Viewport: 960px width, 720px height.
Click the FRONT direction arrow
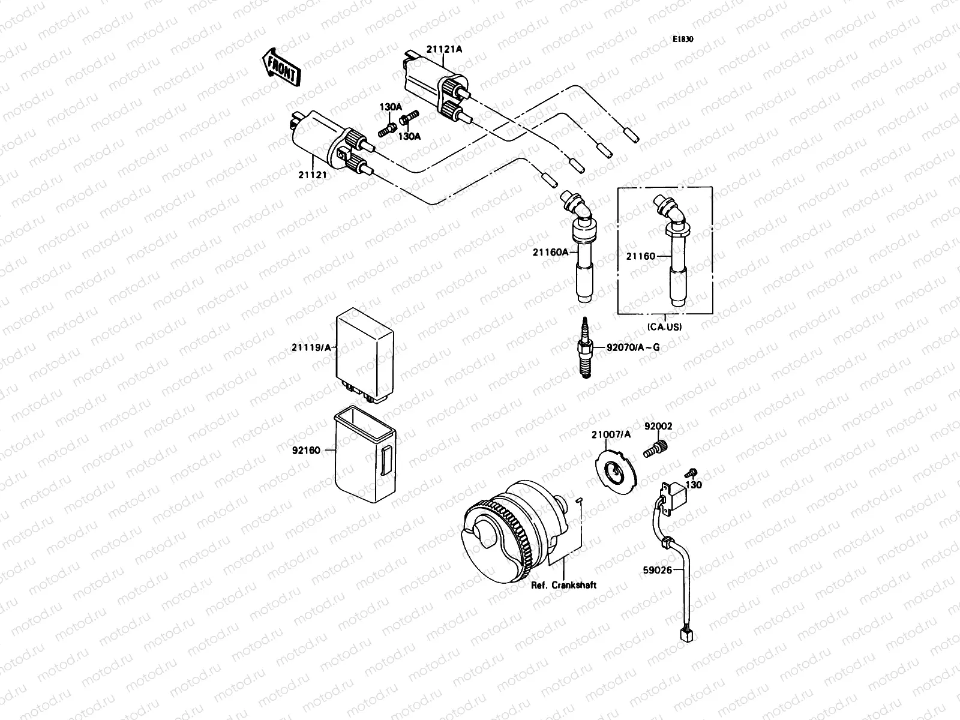pyautogui.click(x=280, y=66)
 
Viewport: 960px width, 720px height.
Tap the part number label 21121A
pyautogui.click(x=445, y=50)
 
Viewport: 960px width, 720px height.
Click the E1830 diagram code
pyautogui.click(x=682, y=40)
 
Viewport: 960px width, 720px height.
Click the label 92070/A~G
pyautogui.click(x=633, y=347)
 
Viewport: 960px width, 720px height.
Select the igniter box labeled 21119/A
pyautogui.click(x=365, y=354)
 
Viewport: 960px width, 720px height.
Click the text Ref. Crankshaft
pyautogui.click(x=564, y=585)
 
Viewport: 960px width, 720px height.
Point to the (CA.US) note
pyautogui.click(x=665, y=327)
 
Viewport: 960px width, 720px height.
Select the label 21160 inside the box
pyautogui.click(x=641, y=256)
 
